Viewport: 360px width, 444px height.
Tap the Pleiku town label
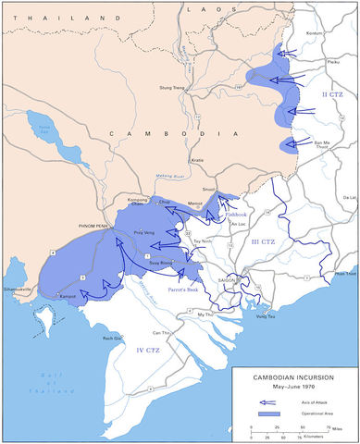click(323, 63)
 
